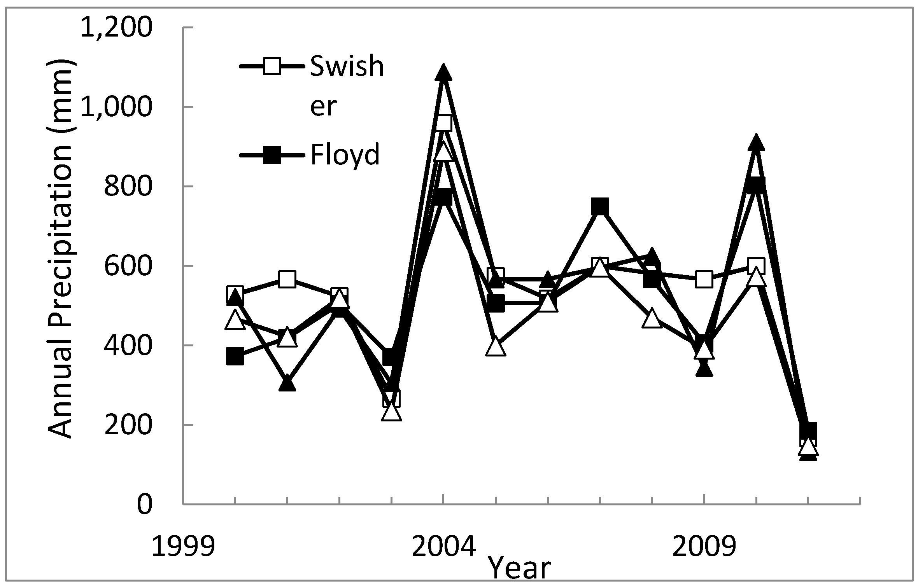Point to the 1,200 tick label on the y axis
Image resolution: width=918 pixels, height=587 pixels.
click(x=115, y=28)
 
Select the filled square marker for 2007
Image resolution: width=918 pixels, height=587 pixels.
click(x=600, y=206)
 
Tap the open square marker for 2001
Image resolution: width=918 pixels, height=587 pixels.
click(x=287, y=279)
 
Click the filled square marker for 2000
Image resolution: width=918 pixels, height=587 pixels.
click(x=235, y=356)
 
